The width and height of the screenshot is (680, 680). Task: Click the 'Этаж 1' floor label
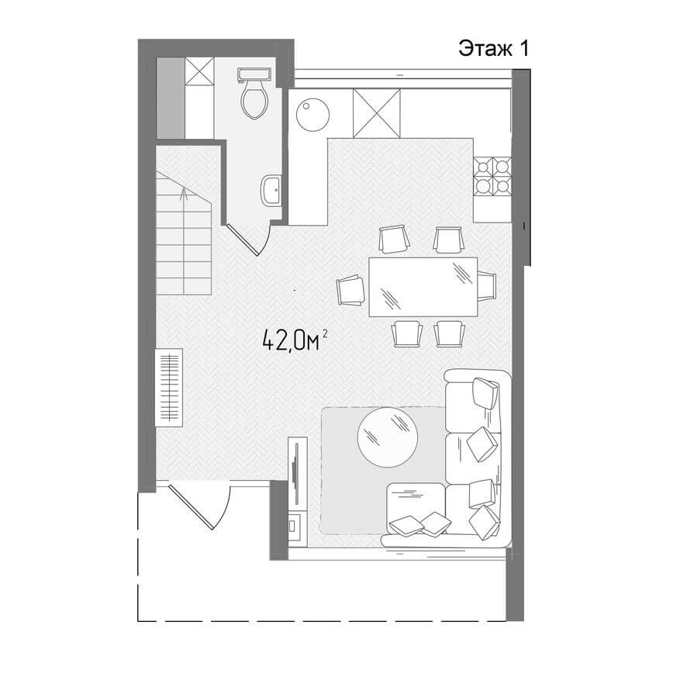point(493,49)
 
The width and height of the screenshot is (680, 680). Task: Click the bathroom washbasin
point(272,191)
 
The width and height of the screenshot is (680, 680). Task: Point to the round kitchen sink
point(312,115)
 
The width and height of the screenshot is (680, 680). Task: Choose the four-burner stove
point(492,176)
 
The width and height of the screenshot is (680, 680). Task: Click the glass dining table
point(423,287)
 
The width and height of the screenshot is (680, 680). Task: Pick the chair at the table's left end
point(352,290)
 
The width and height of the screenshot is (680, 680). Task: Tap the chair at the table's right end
point(487,285)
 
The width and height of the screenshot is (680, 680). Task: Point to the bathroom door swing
point(250,240)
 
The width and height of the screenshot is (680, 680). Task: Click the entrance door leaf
point(192,507)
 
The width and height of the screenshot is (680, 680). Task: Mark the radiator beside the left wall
point(169,387)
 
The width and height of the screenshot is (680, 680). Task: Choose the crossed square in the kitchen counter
point(376,113)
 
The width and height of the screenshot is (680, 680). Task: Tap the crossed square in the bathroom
point(199,71)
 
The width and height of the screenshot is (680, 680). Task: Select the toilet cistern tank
point(254,74)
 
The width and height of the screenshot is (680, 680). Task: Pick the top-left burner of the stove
point(483,166)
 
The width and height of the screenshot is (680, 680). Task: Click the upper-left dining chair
point(394,239)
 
